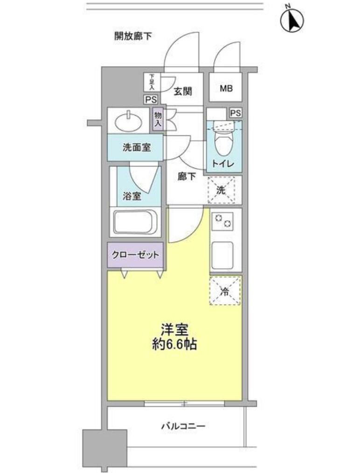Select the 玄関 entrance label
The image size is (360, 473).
(x=183, y=91)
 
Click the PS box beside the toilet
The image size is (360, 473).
(x=235, y=113)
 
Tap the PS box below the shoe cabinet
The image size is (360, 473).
(x=151, y=99)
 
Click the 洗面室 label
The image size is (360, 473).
(x=137, y=147)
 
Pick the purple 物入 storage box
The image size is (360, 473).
(x=157, y=119)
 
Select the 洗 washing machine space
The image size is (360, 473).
(x=222, y=190)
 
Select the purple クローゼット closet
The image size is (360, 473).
(x=136, y=255)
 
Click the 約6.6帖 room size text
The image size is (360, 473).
(x=174, y=346)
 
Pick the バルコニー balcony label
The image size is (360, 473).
(x=184, y=426)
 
